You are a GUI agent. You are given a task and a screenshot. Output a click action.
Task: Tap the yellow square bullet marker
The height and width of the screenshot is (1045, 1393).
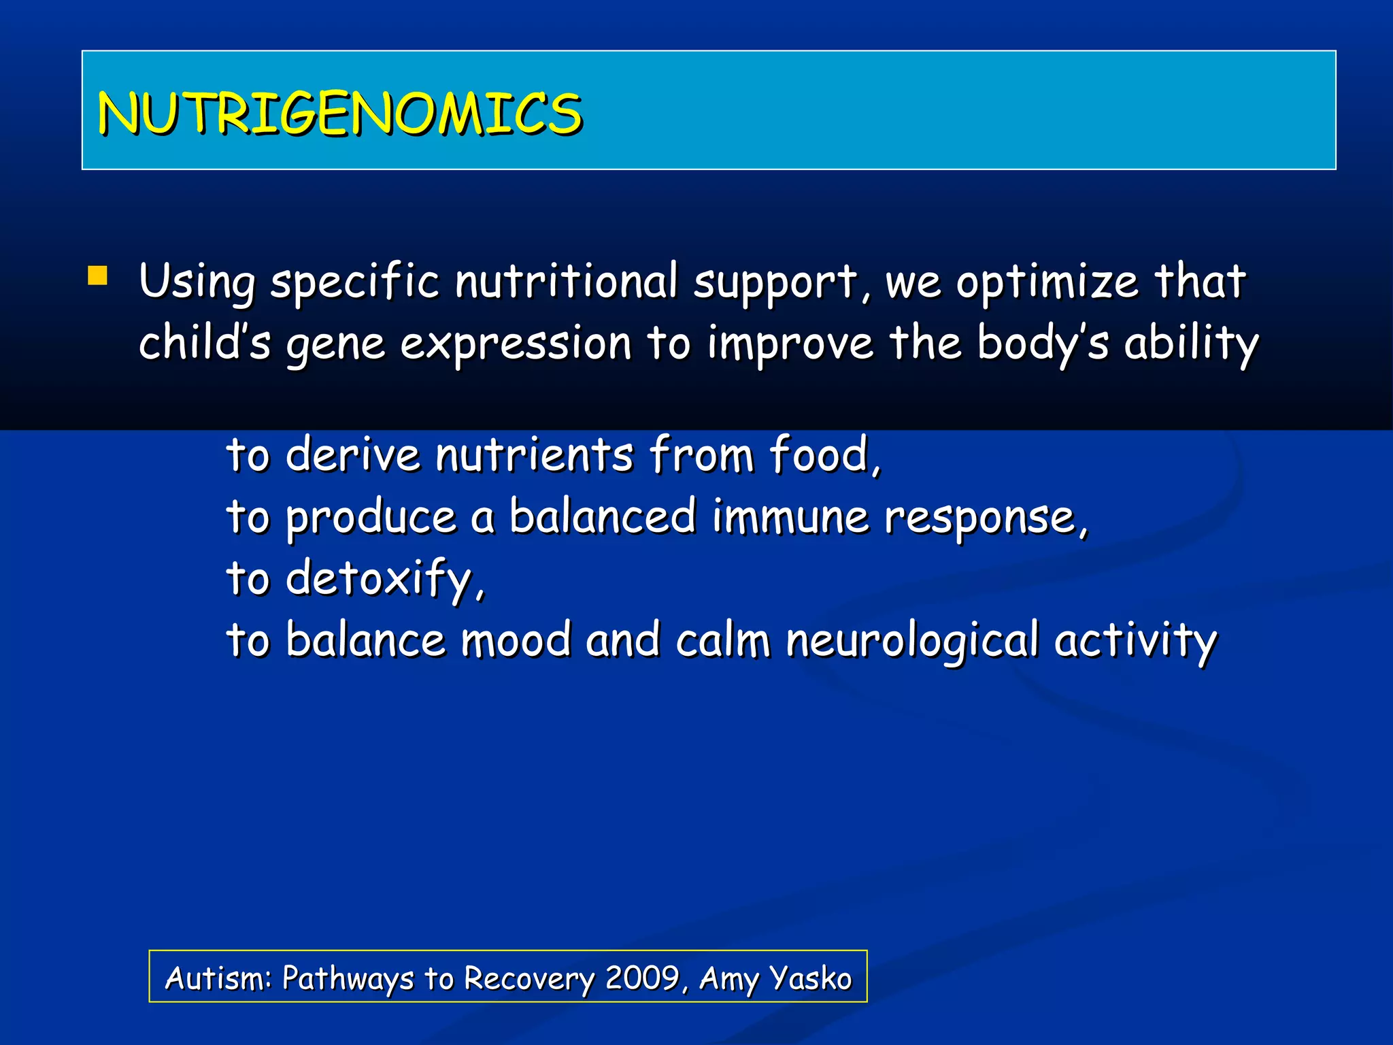(98, 276)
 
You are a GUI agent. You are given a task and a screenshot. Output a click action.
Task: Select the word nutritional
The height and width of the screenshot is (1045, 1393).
(566, 281)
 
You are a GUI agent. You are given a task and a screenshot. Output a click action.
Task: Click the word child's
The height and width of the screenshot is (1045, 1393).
(205, 342)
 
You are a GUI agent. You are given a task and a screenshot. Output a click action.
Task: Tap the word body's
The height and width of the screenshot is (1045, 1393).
(1043, 342)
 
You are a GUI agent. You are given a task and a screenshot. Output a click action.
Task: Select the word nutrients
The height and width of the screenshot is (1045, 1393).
(535, 454)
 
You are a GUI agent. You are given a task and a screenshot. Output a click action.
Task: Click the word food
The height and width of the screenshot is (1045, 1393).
(823, 454)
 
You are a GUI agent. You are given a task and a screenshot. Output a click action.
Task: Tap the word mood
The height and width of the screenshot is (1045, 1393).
(516, 640)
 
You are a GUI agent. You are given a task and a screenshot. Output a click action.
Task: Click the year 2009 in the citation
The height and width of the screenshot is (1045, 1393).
(642, 978)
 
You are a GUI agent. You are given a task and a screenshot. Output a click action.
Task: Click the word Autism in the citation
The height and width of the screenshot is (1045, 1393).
(218, 978)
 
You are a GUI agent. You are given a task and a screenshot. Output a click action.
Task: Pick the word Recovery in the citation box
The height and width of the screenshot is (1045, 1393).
(529, 978)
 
